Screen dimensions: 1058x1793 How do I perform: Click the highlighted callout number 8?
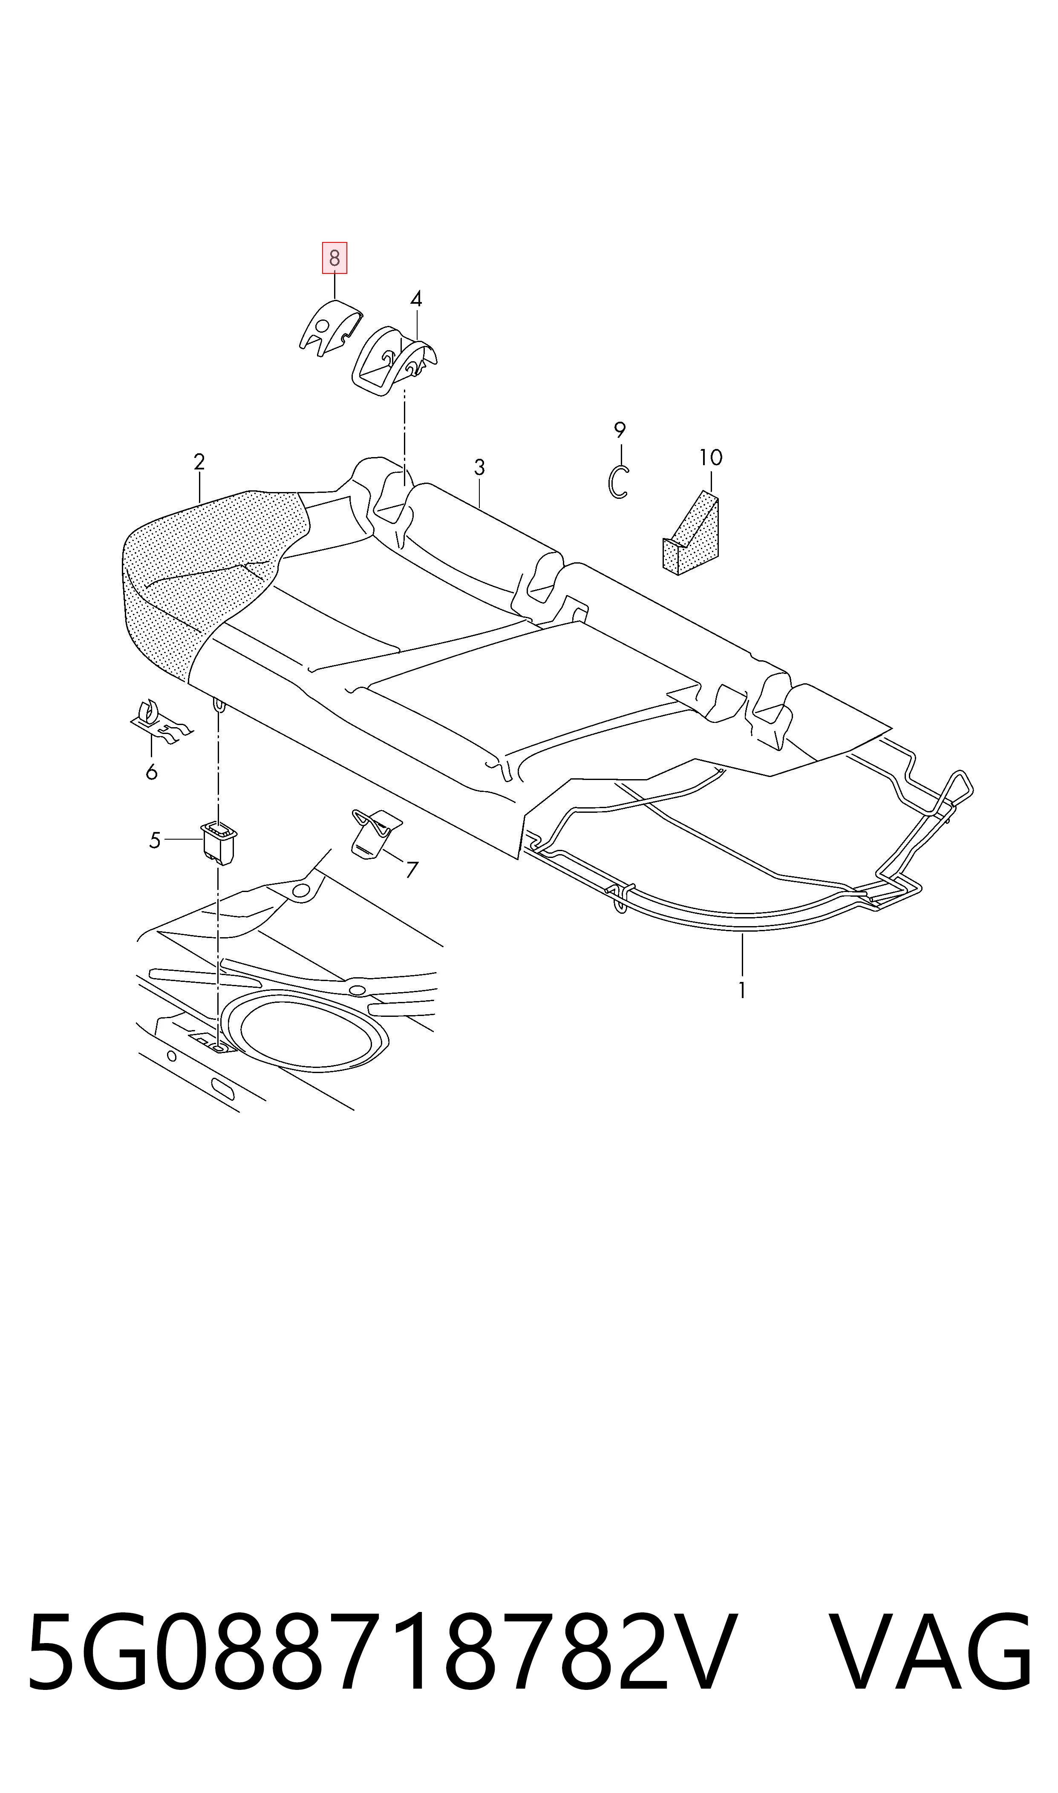[334, 258]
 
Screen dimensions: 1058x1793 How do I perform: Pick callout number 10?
[711, 458]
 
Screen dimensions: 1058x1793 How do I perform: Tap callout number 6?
[151, 772]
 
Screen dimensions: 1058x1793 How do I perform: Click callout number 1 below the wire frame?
[742, 990]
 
